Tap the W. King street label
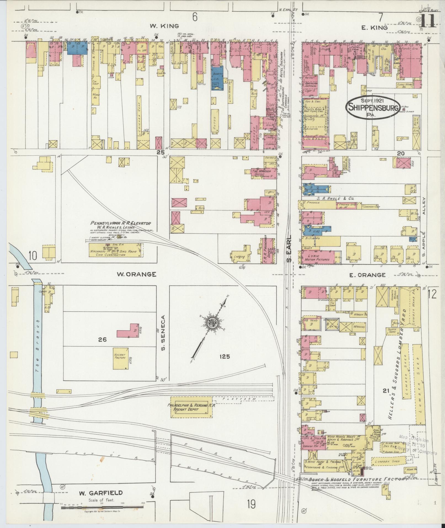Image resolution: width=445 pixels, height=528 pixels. [x=164, y=26]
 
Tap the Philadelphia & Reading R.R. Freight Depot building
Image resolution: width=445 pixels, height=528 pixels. [x=191, y=409]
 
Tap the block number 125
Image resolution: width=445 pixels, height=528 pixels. [x=225, y=356]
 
